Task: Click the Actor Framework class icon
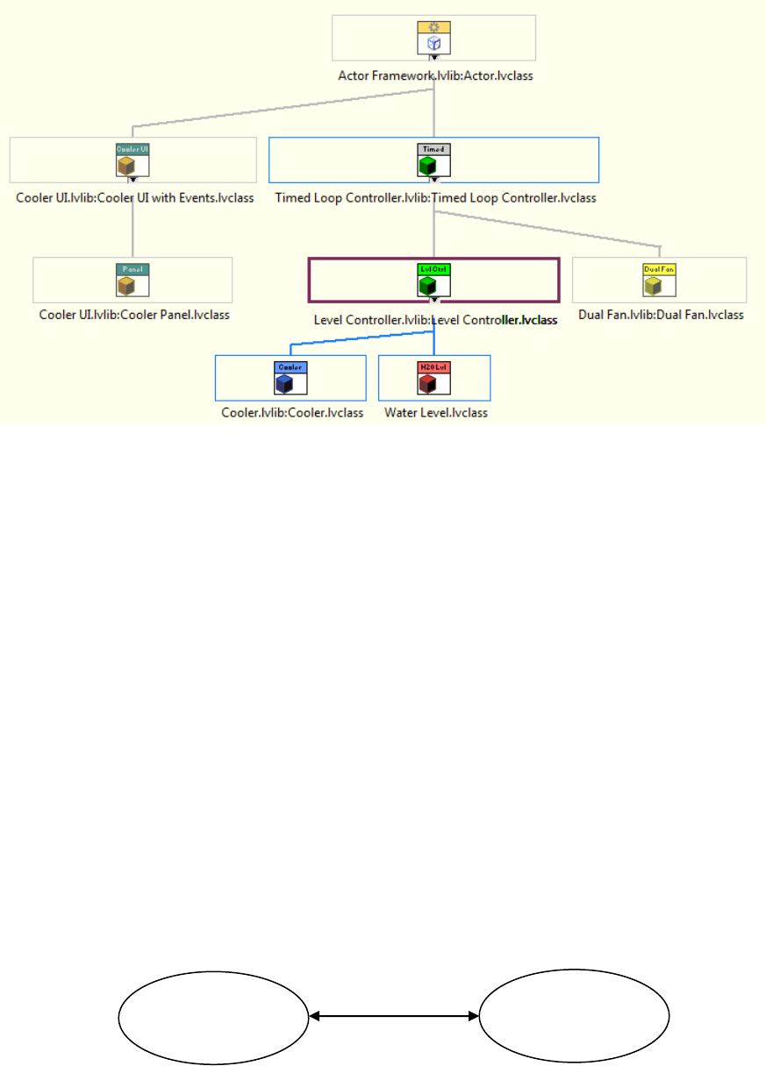(433, 38)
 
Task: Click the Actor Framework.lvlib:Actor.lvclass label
(435, 76)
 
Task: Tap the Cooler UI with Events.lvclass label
(135, 198)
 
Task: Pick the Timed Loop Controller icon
(433, 160)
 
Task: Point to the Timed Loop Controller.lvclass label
(435, 198)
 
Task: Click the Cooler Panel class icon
(132, 280)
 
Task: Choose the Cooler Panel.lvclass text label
(134, 315)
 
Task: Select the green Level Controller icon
(433, 280)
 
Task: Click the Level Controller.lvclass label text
(435, 320)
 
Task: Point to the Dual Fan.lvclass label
(661, 315)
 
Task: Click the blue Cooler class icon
(290, 378)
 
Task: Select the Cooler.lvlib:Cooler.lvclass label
(292, 413)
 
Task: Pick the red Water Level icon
(434, 378)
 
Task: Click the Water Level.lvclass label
(436, 413)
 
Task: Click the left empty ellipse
(213, 1017)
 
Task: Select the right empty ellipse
(575, 1017)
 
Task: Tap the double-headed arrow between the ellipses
(394, 1017)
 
